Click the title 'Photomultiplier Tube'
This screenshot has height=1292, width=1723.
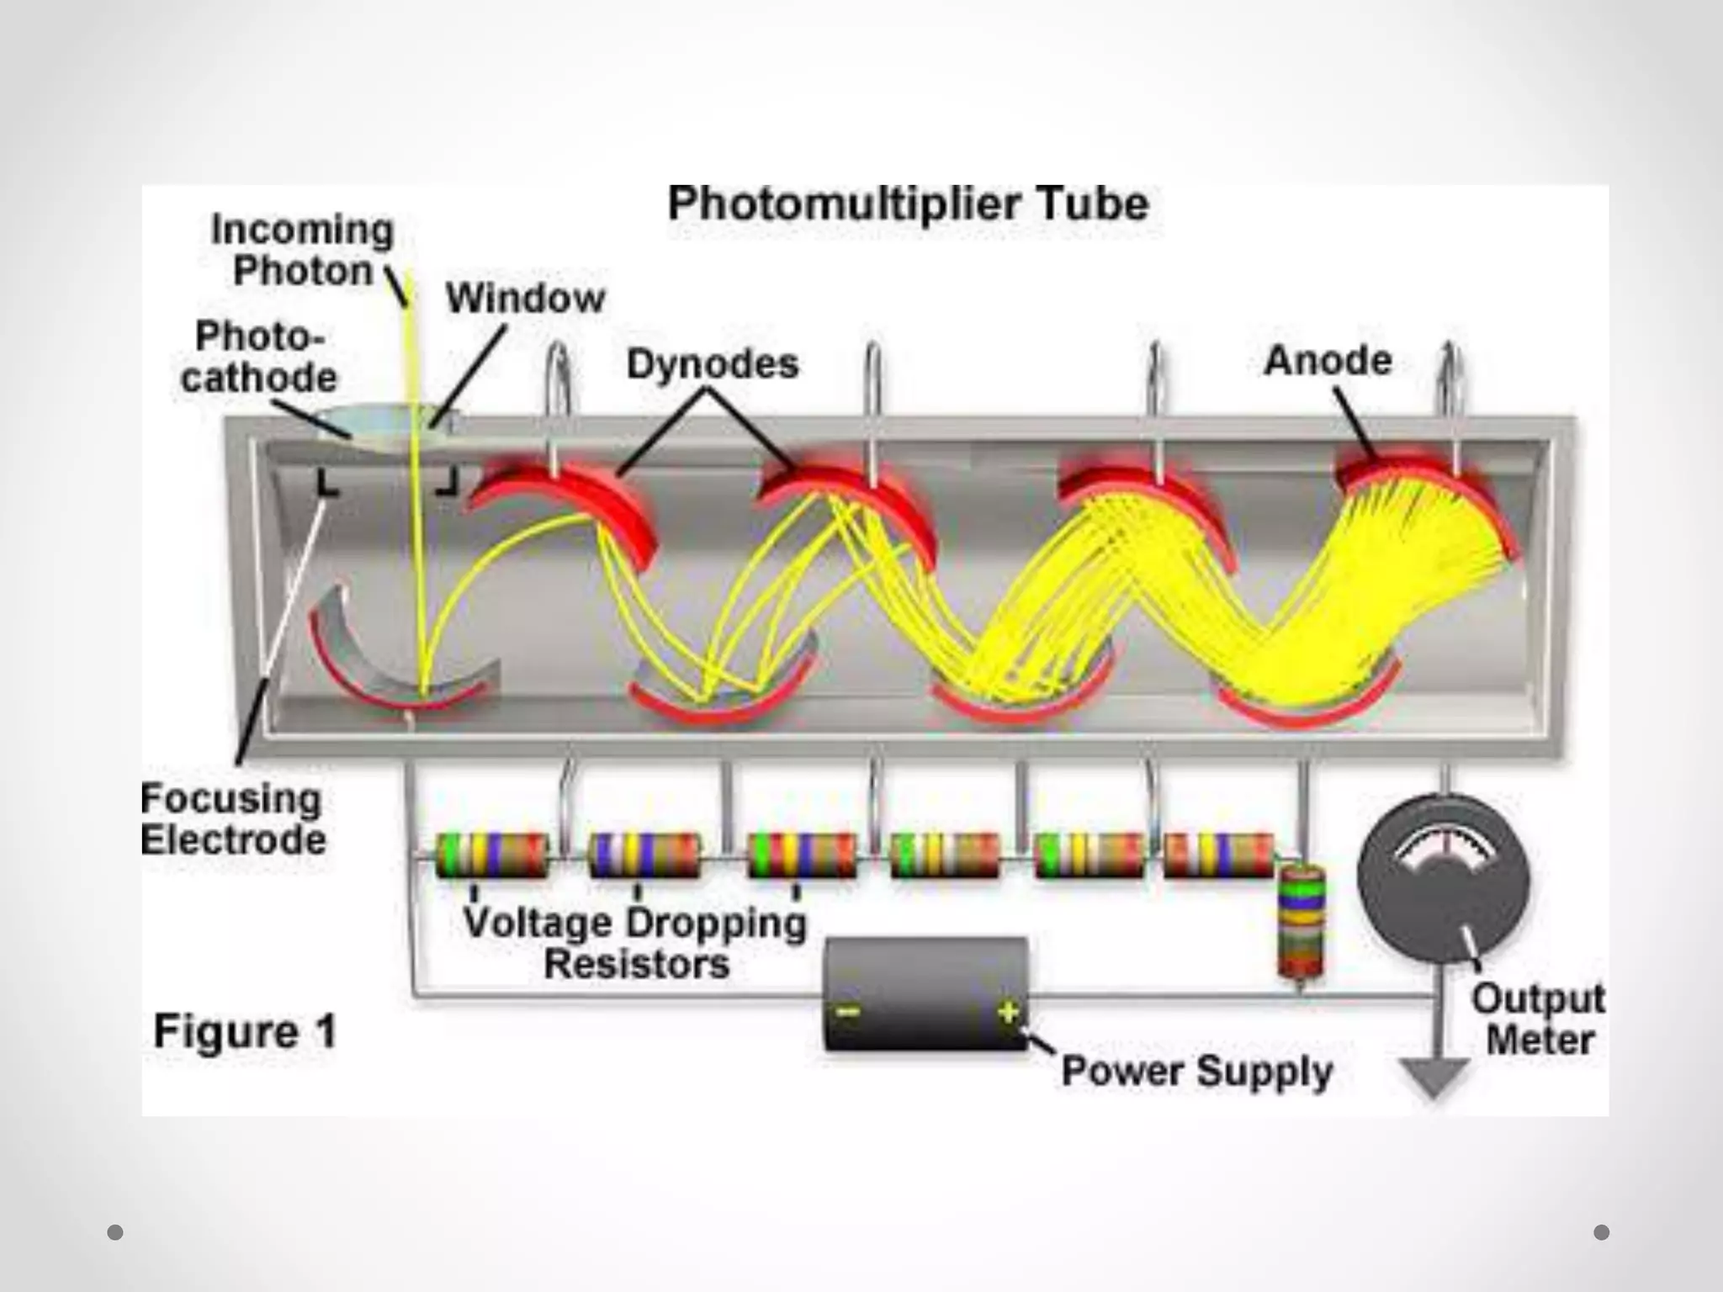908,204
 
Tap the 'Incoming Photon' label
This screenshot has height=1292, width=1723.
302,250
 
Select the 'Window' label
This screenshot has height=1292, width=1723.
525,298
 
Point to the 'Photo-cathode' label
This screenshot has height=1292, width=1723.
258,357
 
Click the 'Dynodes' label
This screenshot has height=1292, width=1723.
713,364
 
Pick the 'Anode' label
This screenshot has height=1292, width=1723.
1328,361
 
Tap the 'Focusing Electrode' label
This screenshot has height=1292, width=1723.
232,818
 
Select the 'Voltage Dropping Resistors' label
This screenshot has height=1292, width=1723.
636,943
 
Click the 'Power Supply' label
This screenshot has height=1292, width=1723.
1196,1071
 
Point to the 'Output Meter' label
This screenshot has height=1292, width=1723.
1539,1019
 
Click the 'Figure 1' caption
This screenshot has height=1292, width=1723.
245,1031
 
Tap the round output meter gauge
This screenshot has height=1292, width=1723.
1444,879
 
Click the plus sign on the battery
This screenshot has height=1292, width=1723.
1008,1012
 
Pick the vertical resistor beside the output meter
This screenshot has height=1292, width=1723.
1301,922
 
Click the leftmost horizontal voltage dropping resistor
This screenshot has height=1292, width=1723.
492,855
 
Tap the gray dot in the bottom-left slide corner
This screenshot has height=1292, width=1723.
115,1232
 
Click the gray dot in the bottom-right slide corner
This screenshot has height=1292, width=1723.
1601,1232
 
